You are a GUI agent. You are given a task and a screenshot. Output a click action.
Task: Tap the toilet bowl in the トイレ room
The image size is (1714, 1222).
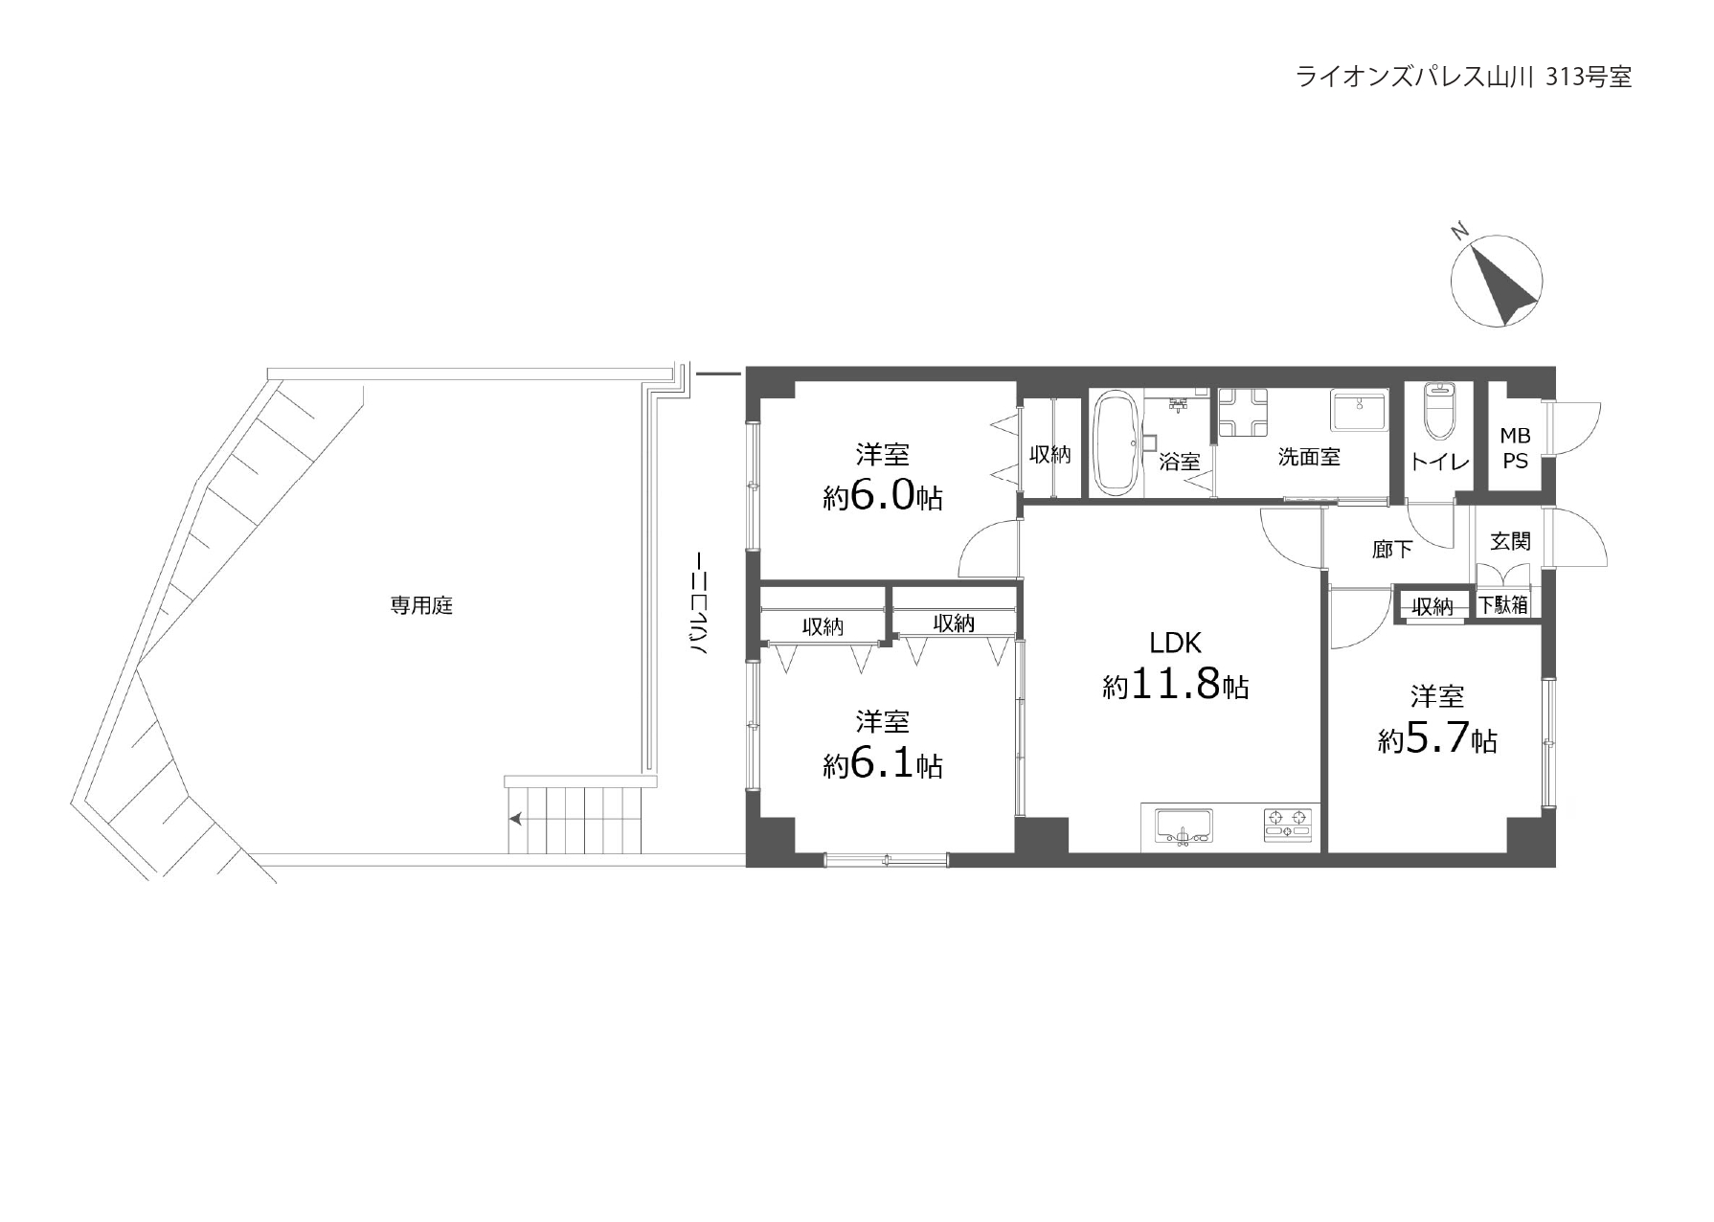click(1438, 410)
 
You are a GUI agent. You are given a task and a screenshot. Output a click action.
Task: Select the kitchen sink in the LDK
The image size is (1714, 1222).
click(1184, 826)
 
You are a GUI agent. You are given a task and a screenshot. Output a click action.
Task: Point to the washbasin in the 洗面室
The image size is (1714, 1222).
click(1358, 411)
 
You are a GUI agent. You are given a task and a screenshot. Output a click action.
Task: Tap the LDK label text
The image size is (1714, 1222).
click(1175, 643)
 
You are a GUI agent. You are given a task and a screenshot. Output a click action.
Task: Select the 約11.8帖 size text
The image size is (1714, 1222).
click(1175, 686)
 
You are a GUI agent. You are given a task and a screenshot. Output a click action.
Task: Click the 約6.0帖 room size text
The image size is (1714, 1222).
click(882, 497)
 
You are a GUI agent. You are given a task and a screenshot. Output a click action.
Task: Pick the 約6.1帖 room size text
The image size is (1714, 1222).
click(882, 765)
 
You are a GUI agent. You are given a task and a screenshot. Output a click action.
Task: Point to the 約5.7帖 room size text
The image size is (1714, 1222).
click(1437, 739)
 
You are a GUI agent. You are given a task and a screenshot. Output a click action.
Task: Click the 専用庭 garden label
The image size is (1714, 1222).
click(421, 605)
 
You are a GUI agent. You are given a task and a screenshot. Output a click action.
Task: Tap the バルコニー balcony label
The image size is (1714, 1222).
click(700, 602)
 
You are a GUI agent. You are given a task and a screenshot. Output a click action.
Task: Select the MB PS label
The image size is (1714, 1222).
click(1515, 448)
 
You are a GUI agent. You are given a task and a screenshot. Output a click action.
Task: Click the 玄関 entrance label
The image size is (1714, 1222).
click(1510, 541)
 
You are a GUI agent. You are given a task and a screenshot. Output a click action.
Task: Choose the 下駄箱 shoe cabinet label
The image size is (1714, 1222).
click(1503, 605)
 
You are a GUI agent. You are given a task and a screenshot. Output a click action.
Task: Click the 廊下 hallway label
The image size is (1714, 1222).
click(1392, 549)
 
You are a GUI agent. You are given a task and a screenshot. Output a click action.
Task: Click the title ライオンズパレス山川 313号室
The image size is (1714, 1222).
click(1463, 77)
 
